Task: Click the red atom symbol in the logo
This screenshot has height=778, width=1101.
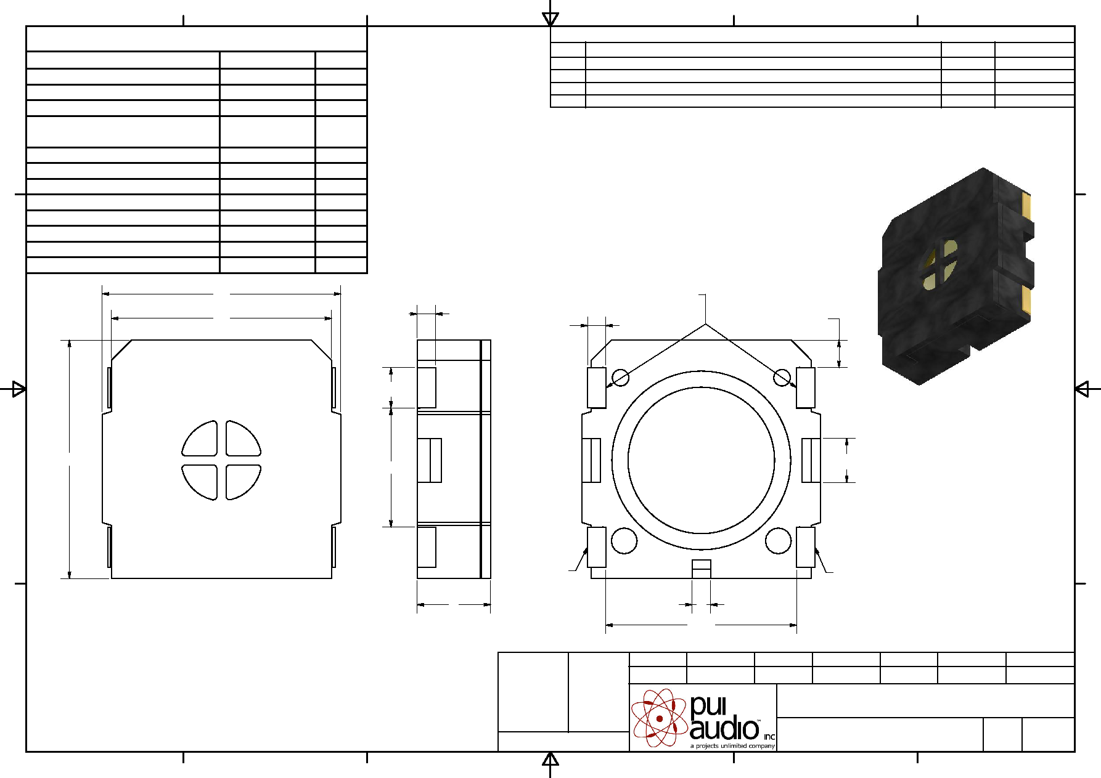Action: pyautogui.click(x=659, y=718)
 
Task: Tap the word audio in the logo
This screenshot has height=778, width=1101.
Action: pyautogui.click(x=724, y=729)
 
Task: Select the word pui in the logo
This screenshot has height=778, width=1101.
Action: pyautogui.click(x=708, y=706)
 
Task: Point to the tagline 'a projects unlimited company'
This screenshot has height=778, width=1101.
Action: pyautogui.click(x=732, y=746)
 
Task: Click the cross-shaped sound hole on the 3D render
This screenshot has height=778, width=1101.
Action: pyautogui.click(x=940, y=264)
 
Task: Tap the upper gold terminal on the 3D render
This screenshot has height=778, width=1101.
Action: pyautogui.click(x=1026, y=206)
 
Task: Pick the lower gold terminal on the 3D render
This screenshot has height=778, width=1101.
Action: pyautogui.click(x=1026, y=299)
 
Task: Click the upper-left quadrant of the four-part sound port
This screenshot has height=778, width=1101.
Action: pyautogui.click(x=200, y=439)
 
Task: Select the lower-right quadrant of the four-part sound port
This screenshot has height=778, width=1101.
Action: pyautogui.click(x=243, y=482)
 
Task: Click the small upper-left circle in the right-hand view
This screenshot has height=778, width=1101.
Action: pyautogui.click(x=620, y=378)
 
